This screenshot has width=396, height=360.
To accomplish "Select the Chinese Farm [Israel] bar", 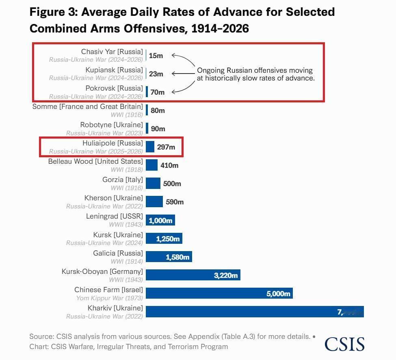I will click(x=219, y=293).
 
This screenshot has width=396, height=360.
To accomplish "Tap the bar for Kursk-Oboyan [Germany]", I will click(x=193, y=275).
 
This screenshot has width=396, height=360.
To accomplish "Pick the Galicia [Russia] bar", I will click(x=169, y=257).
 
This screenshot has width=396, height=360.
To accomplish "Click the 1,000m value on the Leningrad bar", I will click(x=161, y=221).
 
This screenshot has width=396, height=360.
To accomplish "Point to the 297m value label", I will click(x=166, y=147).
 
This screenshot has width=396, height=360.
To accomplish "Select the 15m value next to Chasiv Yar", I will click(x=156, y=56).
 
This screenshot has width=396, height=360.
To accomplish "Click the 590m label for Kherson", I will click(x=175, y=202).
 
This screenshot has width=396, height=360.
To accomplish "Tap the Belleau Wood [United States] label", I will click(x=95, y=161).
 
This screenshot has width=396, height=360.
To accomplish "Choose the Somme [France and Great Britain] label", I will click(x=87, y=106).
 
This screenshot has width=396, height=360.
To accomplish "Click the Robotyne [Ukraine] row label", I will click(x=111, y=125).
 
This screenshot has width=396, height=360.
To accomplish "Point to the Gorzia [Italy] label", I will click(x=123, y=180).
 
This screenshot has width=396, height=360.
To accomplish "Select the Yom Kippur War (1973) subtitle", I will click(x=110, y=298).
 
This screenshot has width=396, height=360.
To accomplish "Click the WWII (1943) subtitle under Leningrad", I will click(x=126, y=224).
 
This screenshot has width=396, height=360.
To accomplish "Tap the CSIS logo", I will click(x=344, y=344).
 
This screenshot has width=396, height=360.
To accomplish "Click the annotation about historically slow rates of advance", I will click(x=256, y=74).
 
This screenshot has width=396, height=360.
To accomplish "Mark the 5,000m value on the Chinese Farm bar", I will click(x=278, y=294).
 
